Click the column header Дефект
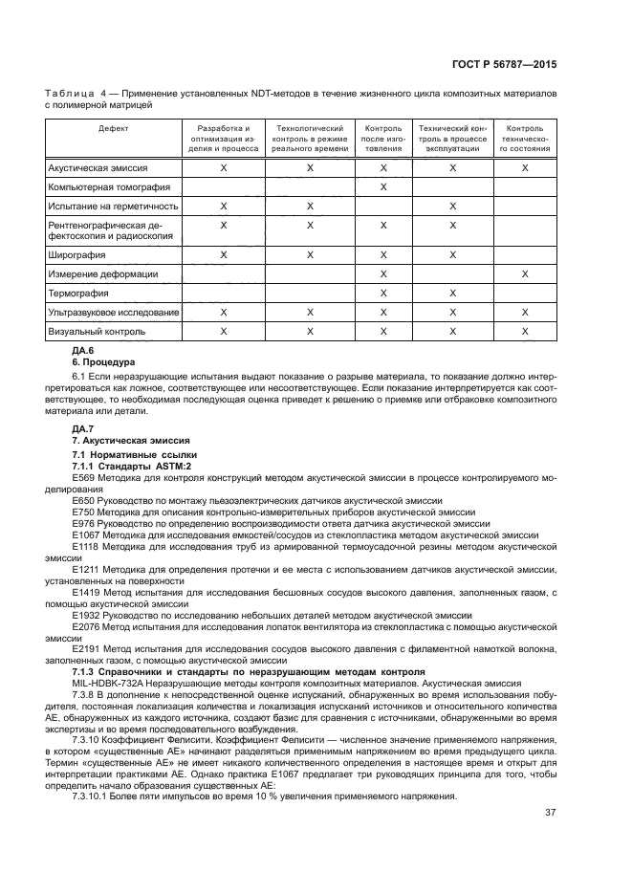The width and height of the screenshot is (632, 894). (113, 127)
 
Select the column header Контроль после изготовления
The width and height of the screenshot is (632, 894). (383, 138)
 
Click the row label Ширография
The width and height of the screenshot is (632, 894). (76, 254)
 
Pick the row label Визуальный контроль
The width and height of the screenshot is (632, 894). (97, 331)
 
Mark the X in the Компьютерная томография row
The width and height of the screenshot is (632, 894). (383, 186)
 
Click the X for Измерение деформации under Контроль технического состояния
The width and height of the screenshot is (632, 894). (525, 273)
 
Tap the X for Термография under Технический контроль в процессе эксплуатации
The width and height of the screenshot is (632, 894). (452, 293)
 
